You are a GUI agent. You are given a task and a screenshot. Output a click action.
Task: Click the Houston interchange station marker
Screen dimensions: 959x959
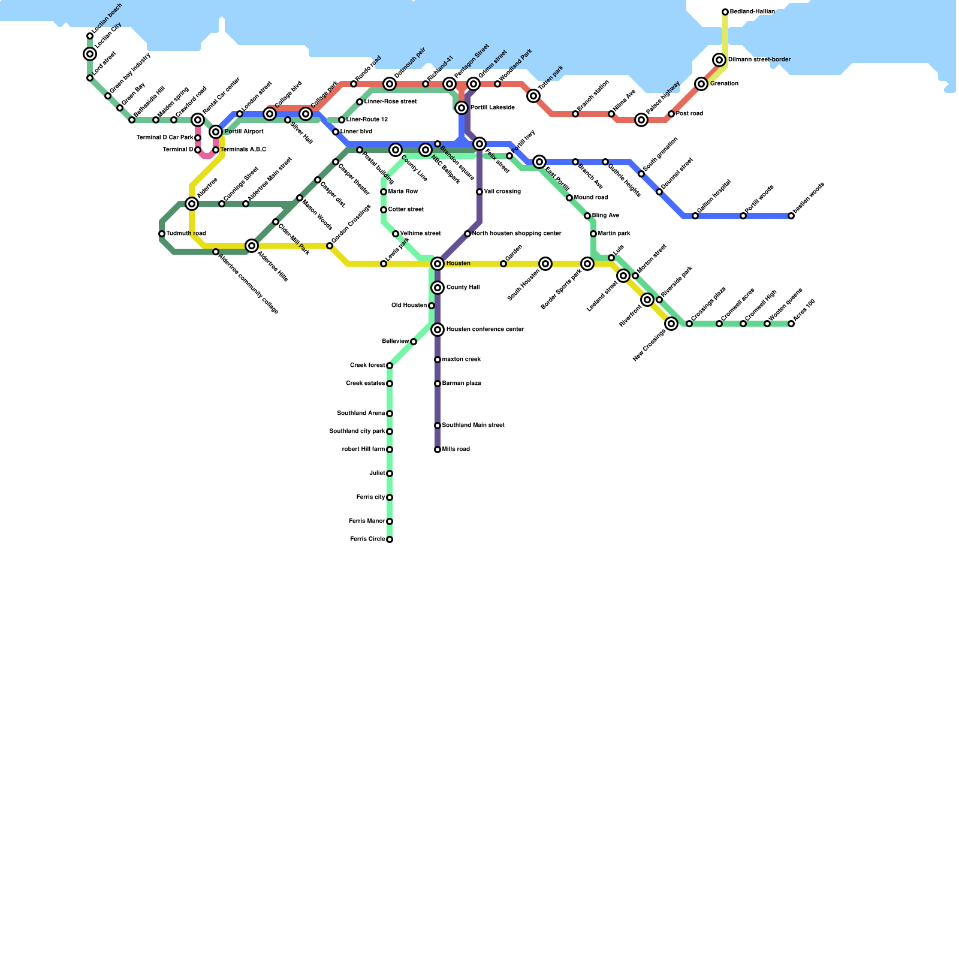click(438, 264)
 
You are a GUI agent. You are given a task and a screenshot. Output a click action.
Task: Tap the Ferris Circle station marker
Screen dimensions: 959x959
click(390, 539)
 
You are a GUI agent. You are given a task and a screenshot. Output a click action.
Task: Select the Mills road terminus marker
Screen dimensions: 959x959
click(438, 450)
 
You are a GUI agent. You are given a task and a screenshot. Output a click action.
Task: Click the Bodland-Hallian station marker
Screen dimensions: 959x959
click(725, 12)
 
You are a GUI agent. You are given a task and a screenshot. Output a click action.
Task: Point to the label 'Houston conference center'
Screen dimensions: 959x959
click(485, 330)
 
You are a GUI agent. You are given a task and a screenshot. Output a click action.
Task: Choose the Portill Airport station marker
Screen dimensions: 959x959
click(216, 132)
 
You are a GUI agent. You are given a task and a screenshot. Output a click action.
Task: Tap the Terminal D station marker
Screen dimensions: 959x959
click(198, 150)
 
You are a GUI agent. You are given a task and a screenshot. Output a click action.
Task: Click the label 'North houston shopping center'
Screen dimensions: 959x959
click(517, 234)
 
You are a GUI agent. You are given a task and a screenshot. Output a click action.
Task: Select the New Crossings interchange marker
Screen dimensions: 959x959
click(671, 324)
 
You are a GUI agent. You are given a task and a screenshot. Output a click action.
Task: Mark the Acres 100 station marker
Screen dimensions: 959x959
click(791, 324)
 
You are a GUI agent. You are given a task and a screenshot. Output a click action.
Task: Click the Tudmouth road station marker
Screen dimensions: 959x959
click(162, 234)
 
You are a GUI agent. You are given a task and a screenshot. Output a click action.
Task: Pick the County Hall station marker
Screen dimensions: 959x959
click(438, 288)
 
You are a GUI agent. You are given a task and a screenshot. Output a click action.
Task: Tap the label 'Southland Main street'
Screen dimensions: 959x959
click(473, 426)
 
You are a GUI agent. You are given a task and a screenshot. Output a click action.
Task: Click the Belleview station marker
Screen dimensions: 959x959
click(414, 342)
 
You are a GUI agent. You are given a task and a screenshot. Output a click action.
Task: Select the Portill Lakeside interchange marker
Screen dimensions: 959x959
click(462, 108)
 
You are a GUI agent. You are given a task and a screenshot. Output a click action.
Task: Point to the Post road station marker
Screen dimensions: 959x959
click(671, 114)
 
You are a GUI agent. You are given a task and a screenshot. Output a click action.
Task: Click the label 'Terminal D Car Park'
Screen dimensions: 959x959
click(165, 138)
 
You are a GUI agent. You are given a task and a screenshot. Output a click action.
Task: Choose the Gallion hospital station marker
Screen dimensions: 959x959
click(695, 216)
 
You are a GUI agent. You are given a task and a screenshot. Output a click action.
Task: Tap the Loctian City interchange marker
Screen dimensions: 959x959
click(90, 55)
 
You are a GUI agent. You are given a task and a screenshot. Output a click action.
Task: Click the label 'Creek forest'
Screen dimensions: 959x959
click(367, 366)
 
